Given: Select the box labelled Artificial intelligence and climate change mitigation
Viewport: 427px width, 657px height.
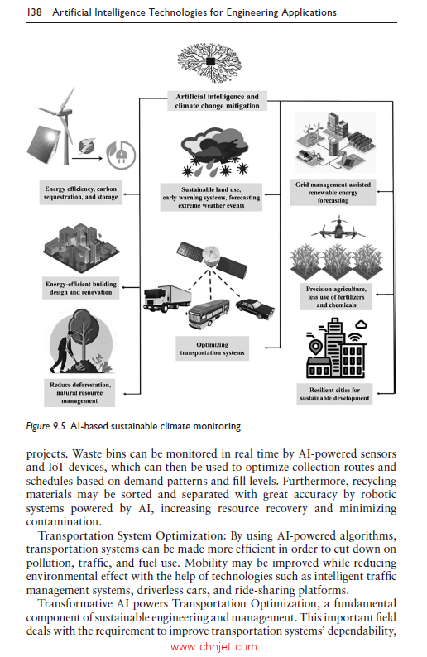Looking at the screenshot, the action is [217, 102].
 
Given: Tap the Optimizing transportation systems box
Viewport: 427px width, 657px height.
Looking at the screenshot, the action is [213, 348].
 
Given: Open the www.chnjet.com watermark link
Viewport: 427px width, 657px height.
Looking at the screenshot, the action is [213, 647].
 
